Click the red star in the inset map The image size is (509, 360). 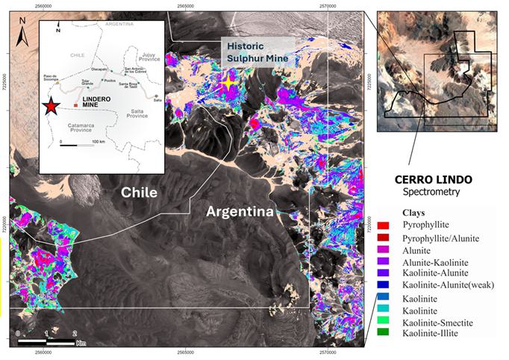(50, 107)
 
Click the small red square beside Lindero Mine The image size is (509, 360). (75, 106)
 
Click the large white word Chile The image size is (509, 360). (140, 192)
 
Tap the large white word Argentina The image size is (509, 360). (238, 212)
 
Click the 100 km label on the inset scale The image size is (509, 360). (98, 141)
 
